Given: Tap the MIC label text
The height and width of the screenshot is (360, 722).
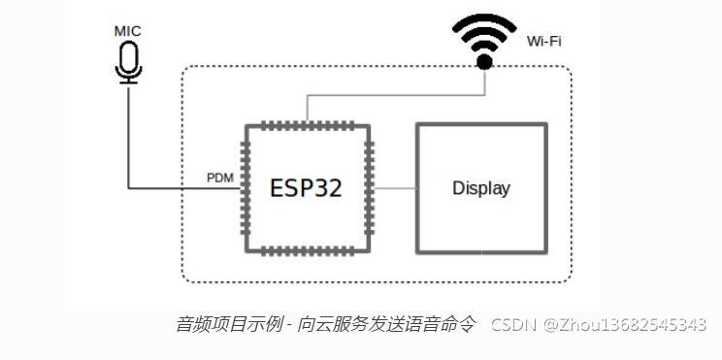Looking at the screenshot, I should (127, 31).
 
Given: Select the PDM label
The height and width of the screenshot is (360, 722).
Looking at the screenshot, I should (219, 178).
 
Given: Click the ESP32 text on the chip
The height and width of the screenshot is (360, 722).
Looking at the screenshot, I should (306, 187).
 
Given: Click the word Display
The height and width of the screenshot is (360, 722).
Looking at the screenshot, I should (480, 188).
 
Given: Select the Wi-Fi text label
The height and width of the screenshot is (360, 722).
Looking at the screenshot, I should (543, 41).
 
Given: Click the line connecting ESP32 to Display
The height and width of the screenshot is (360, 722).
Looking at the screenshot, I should (395, 187).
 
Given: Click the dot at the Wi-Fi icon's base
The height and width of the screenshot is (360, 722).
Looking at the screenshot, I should (484, 62).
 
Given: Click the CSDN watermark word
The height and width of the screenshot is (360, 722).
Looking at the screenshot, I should (513, 325).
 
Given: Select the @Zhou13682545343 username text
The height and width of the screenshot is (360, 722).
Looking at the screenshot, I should (625, 325).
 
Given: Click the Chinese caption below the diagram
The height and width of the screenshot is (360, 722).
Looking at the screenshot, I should (325, 325).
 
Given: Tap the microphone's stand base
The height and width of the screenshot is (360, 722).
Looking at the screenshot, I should (127, 82).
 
